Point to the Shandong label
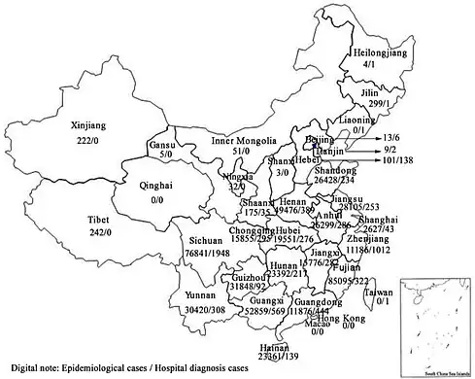click(334, 171)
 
